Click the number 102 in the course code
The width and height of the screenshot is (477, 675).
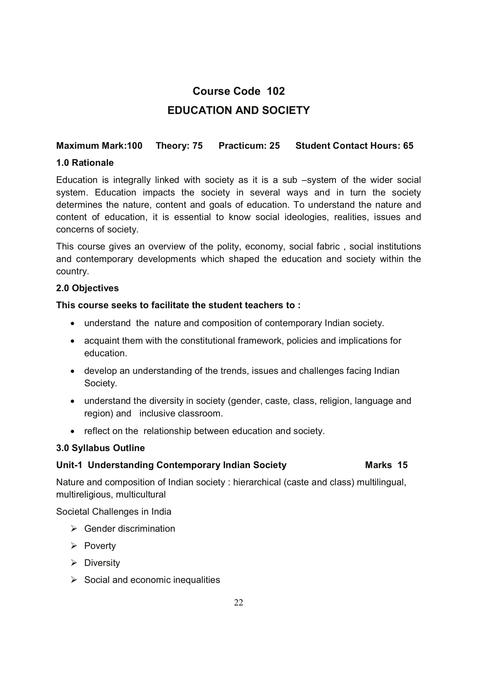(276, 91)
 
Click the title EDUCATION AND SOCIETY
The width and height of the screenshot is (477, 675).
(238, 110)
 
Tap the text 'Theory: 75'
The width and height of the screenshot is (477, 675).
(179, 145)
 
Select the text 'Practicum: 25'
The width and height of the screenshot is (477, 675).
(249, 145)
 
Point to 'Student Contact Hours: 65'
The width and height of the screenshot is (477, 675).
(354, 145)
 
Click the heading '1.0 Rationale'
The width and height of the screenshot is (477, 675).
(85, 162)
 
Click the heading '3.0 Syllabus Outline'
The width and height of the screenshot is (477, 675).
(100, 448)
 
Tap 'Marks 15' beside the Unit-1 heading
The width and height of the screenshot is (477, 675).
(386, 465)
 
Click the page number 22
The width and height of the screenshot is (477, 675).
(238, 603)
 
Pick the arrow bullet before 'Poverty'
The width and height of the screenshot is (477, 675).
(74, 546)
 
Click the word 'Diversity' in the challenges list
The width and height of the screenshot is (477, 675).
(102, 563)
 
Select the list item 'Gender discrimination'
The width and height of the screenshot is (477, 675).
(129, 529)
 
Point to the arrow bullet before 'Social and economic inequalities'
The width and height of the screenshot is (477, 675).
(74, 580)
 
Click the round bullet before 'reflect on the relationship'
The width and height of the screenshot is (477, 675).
(73, 431)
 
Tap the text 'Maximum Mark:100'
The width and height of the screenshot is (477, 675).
(99, 145)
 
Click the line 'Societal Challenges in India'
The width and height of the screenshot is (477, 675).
(113, 512)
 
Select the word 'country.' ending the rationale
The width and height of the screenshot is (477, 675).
(72, 271)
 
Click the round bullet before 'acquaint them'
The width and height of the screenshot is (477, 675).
(73, 341)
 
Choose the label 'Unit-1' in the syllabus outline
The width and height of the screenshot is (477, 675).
(69, 465)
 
